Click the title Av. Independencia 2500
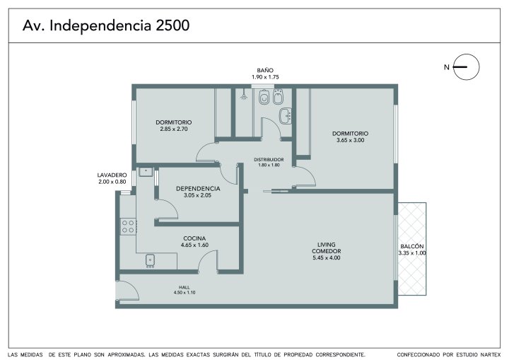coord(106,25)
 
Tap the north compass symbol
coord(466,67)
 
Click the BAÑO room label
coord(265,70)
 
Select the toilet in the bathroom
coord(264,96)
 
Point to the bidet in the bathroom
coord(278,96)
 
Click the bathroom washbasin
coord(286,116)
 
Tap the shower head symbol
coord(243,96)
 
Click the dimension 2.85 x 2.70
coord(174,129)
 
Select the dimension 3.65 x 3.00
coord(350,140)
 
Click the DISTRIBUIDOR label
coord(269,160)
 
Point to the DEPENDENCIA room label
coord(198,188)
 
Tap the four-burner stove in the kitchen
coord(129,226)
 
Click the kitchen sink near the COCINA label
coord(150,260)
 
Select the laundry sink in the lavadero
coord(146,172)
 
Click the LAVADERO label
coord(112,175)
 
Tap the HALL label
coord(184,287)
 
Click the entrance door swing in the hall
coord(127,290)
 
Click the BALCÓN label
coord(412,246)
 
